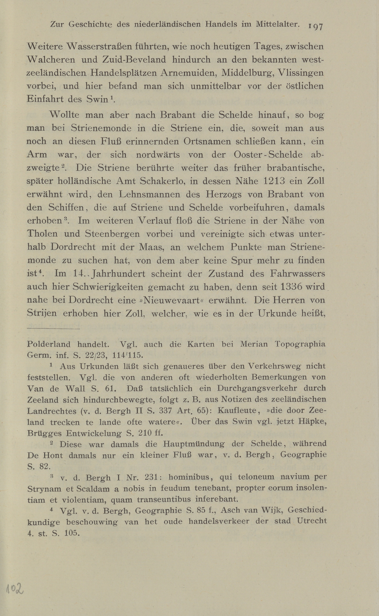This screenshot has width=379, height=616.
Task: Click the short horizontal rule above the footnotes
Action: [x=53, y=329]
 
